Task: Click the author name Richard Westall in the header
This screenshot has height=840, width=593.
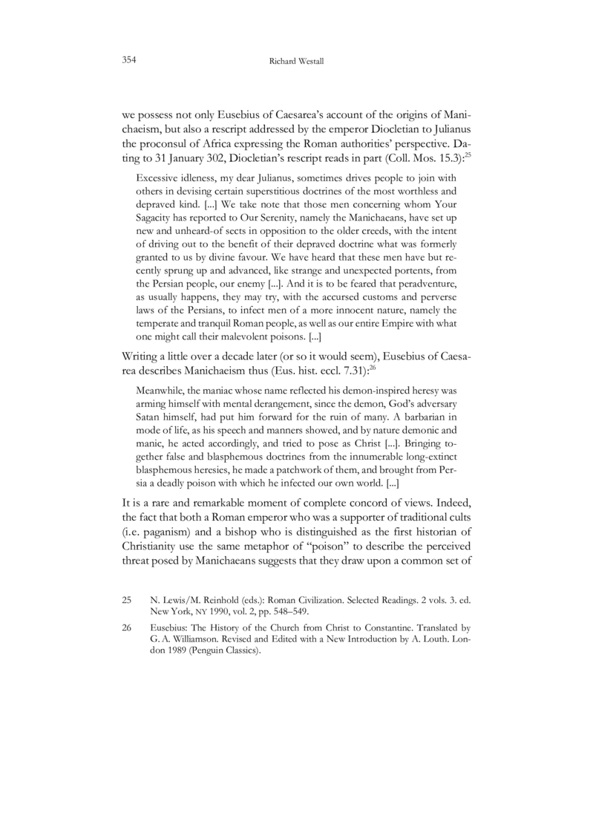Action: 296,60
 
